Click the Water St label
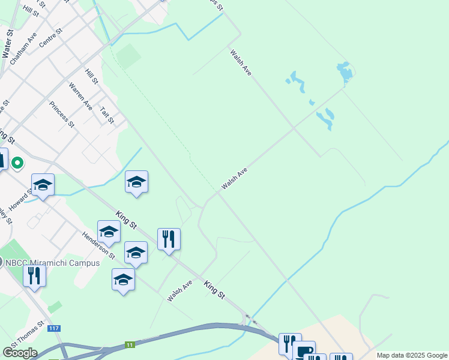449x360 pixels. tap(8, 43)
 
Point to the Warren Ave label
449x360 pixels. tap(80, 96)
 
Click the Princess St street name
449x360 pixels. tap(62, 115)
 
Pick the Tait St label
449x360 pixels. tap(107, 115)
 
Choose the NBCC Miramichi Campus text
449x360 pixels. tap(53, 263)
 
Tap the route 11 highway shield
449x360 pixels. tap(130, 344)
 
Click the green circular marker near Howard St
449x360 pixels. tap(18, 163)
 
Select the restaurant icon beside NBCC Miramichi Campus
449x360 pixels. tap(34, 275)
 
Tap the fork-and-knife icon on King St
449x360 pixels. tap(169, 239)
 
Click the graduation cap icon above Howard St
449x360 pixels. tap(43, 184)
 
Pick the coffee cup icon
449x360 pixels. tap(304, 350)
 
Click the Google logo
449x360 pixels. tap(20, 353)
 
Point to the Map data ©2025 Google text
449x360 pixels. tap(411, 356)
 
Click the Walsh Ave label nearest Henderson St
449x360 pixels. tap(179, 290)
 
